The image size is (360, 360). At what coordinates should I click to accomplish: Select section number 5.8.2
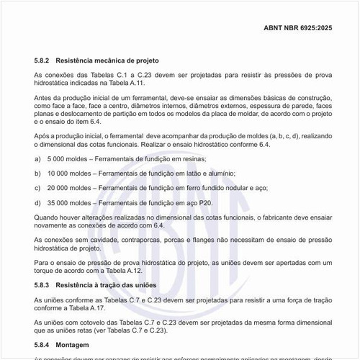pos(43,60)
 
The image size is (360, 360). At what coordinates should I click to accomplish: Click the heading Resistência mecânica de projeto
pos(117,60)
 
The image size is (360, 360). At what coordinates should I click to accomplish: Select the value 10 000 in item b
pos(58,173)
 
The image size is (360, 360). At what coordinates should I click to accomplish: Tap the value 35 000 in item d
pos(58,203)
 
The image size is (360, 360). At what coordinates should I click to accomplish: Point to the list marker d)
pos(37,203)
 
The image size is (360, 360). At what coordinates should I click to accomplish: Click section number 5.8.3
pos(43,286)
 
